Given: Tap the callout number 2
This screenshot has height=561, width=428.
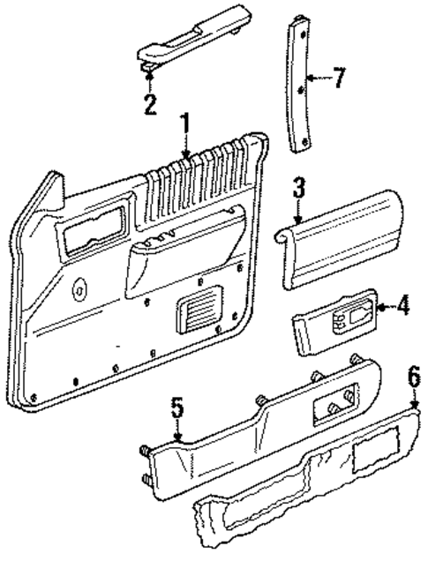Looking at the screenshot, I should [150, 105].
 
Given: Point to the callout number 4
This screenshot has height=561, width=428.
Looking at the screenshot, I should [403, 306].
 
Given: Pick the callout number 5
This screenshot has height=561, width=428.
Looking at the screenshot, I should [176, 408].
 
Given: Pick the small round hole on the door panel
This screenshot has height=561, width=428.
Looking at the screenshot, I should [81, 286].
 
